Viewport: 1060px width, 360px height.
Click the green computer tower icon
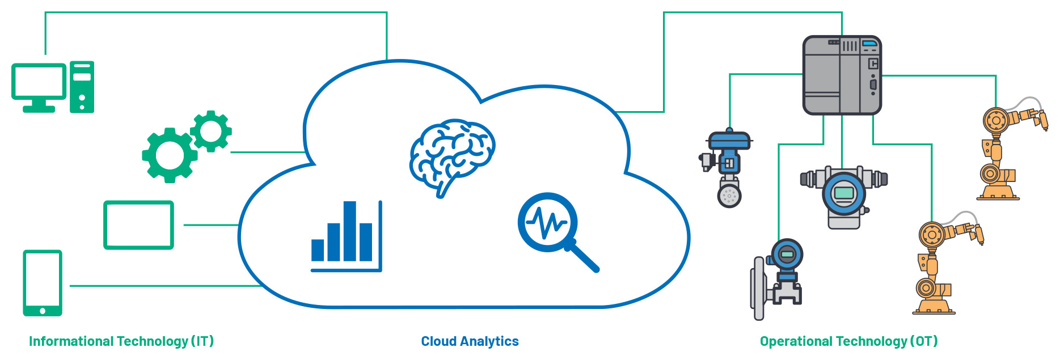tap(82, 87)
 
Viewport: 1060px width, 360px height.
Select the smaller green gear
tap(211, 131)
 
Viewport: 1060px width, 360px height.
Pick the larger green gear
tap(170, 155)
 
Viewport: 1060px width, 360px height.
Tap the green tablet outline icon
tap(138, 225)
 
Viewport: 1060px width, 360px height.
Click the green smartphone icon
tap(43, 282)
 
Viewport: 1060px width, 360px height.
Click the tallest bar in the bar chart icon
tap(350, 231)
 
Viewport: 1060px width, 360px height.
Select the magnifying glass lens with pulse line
tap(547, 222)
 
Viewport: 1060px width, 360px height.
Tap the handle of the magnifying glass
tap(584, 258)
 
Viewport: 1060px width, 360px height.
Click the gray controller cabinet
tap(842, 75)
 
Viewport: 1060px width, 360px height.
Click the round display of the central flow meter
tap(844, 193)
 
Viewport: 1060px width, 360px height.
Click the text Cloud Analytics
tap(470, 341)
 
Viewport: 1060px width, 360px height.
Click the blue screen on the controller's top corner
tap(869, 43)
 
